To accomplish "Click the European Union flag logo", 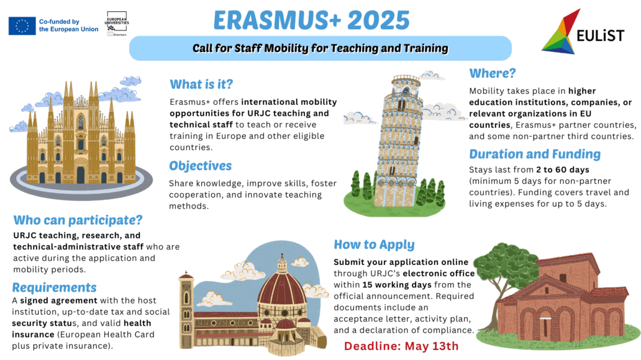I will [x=22, y=25].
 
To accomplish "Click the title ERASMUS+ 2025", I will [x=311, y=20].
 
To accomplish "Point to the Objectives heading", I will [x=200, y=166].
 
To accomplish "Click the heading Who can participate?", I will [x=78, y=220].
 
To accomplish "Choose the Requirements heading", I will [x=54, y=287].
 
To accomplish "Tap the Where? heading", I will [x=493, y=73].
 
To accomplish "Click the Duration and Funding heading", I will [x=535, y=154].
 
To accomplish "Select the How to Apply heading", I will [x=374, y=245].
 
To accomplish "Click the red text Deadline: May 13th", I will [x=401, y=346].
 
